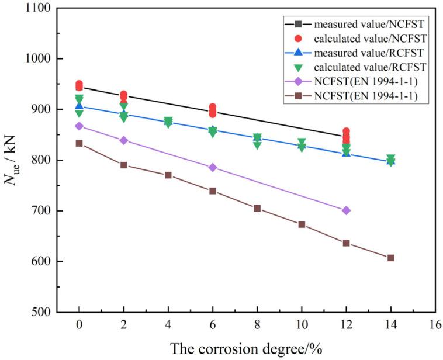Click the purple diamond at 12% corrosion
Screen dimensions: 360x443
click(346, 210)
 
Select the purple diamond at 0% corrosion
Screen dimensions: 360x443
click(79, 126)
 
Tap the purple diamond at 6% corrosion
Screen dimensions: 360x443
click(213, 168)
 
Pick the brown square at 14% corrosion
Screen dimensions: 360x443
click(390, 258)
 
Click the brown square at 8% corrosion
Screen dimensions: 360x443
click(257, 208)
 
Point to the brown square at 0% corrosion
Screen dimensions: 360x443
click(79, 143)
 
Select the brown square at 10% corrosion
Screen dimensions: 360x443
click(302, 224)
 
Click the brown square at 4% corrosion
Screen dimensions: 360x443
click(168, 175)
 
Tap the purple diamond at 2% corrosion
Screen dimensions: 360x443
click(123, 140)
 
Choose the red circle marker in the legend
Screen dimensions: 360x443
click(297, 39)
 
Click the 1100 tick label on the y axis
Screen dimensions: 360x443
click(36, 9)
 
